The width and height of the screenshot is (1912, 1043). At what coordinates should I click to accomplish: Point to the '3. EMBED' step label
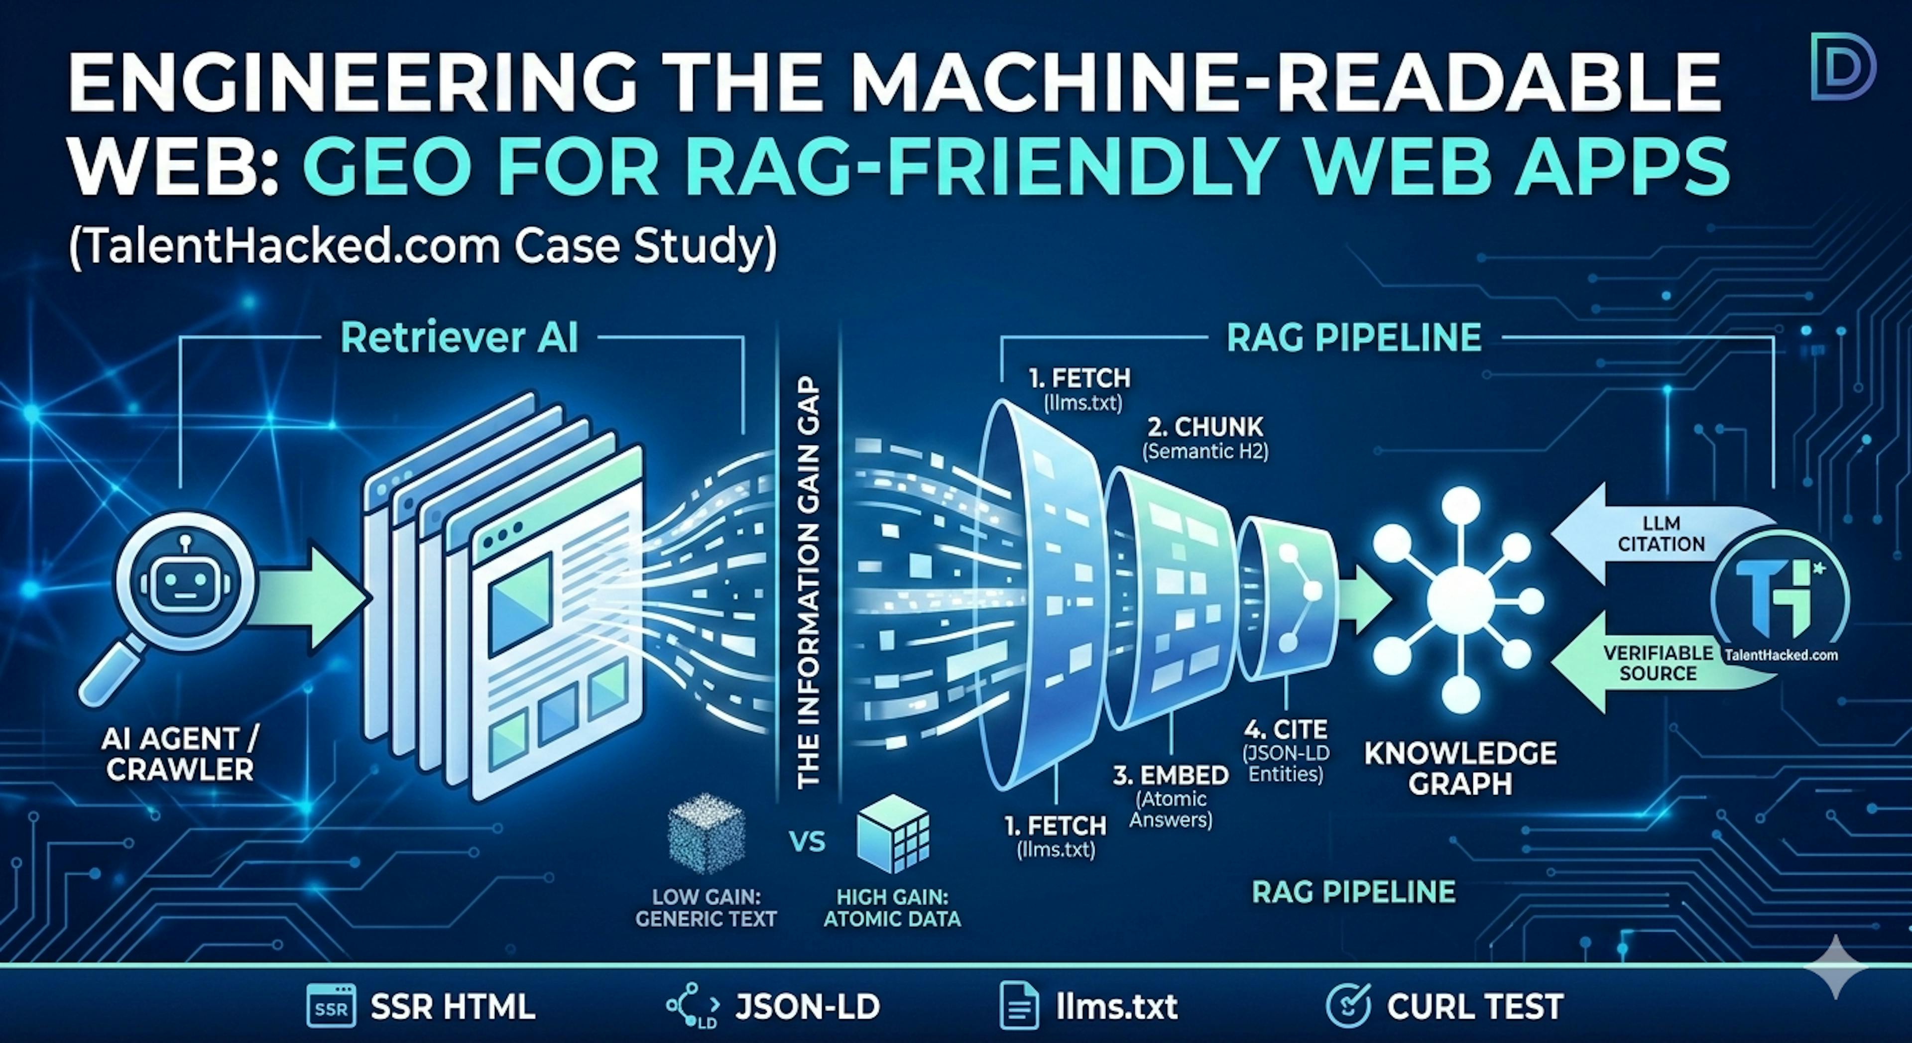[x=1171, y=775]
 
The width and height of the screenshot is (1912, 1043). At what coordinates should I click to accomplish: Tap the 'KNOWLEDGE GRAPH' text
[x=1460, y=768]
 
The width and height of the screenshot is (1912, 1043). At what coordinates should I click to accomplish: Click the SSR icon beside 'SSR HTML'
[x=331, y=1007]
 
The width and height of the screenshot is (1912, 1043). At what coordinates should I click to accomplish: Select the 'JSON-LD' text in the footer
[x=808, y=1007]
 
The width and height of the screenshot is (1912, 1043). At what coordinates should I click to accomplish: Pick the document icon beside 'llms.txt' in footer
[x=1020, y=1007]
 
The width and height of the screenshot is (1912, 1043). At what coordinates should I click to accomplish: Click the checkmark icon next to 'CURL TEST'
[x=1348, y=1007]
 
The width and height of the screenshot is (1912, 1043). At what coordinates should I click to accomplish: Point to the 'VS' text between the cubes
[x=807, y=842]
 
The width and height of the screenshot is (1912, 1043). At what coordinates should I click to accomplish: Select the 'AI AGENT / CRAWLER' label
[x=180, y=753]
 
